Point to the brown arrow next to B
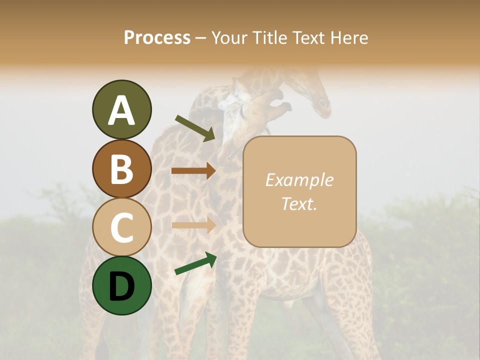tap(193, 171)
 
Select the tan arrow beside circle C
tap(193, 225)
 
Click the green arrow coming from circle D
tap(195, 263)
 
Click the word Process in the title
tap(157, 37)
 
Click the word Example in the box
tap(299, 180)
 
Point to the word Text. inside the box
tap(299, 204)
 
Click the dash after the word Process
tap(200, 38)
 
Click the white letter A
tap(121, 110)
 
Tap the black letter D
tap(121, 286)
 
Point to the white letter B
tap(121, 169)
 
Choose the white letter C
tap(121, 228)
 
